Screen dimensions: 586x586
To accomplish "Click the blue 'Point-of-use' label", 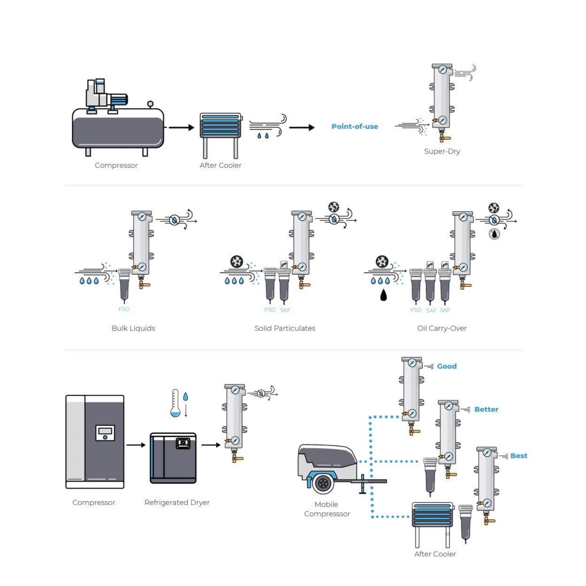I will pyautogui.click(x=354, y=127).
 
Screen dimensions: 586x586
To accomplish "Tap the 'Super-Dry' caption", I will pyautogui.click(x=442, y=151).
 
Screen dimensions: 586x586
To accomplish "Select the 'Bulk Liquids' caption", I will pyautogui.click(x=133, y=328).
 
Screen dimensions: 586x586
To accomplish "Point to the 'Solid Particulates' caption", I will pyautogui.click(x=285, y=328).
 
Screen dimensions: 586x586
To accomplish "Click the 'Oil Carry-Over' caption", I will pyautogui.click(x=442, y=328).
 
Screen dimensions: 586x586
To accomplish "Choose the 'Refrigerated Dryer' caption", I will pyautogui.click(x=177, y=502).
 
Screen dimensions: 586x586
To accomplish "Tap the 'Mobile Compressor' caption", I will pyautogui.click(x=327, y=509).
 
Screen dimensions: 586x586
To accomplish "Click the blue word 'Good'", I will pyautogui.click(x=446, y=366).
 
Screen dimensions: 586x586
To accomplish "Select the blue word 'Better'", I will pyautogui.click(x=486, y=410).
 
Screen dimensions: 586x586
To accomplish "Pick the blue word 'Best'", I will pyautogui.click(x=519, y=456).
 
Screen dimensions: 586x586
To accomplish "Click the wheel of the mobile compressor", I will pyautogui.click(x=323, y=483).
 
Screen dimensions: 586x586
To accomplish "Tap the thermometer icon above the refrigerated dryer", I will pyautogui.click(x=175, y=403).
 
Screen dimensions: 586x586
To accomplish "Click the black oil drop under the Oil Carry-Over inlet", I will pyautogui.click(x=383, y=295).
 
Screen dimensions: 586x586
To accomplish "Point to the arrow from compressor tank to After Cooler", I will pyautogui.click(x=181, y=127).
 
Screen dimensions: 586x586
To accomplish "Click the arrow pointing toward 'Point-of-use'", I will pyautogui.click(x=302, y=127).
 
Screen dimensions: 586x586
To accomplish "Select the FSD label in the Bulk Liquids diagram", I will pyautogui.click(x=124, y=309).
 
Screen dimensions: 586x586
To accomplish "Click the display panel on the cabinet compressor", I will pyautogui.click(x=105, y=433).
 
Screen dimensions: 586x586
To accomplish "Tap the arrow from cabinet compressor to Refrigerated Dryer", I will pyautogui.click(x=136, y=445).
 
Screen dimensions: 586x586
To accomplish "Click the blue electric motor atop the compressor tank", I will pyautogui.click(x=118, y=99).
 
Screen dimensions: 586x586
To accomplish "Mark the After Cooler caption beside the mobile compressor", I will pyautogui.click(x=435, y=554).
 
